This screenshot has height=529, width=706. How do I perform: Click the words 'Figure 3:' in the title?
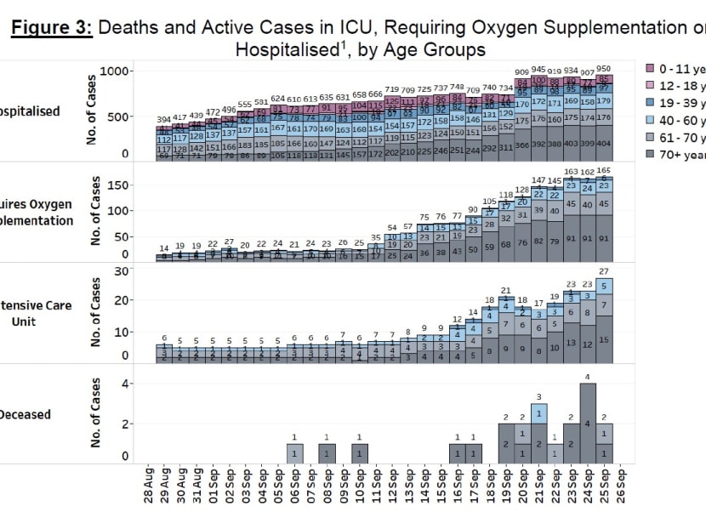pos(50,27)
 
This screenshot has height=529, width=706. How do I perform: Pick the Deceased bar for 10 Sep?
pos(360,453)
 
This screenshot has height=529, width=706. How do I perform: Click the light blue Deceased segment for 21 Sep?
pos(538,413)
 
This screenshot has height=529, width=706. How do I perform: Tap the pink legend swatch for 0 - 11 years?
pos(652,67)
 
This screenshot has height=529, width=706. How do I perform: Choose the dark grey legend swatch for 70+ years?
pos(652,155)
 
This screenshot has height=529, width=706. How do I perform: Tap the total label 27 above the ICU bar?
pos(604,271)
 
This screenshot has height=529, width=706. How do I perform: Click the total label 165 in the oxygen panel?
pos(604,171)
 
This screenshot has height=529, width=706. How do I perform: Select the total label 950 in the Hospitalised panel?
pos(604,68)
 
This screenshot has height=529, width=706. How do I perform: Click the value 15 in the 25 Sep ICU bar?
pos(604,339)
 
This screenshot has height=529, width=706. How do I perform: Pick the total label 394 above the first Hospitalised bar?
pos(163,120)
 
